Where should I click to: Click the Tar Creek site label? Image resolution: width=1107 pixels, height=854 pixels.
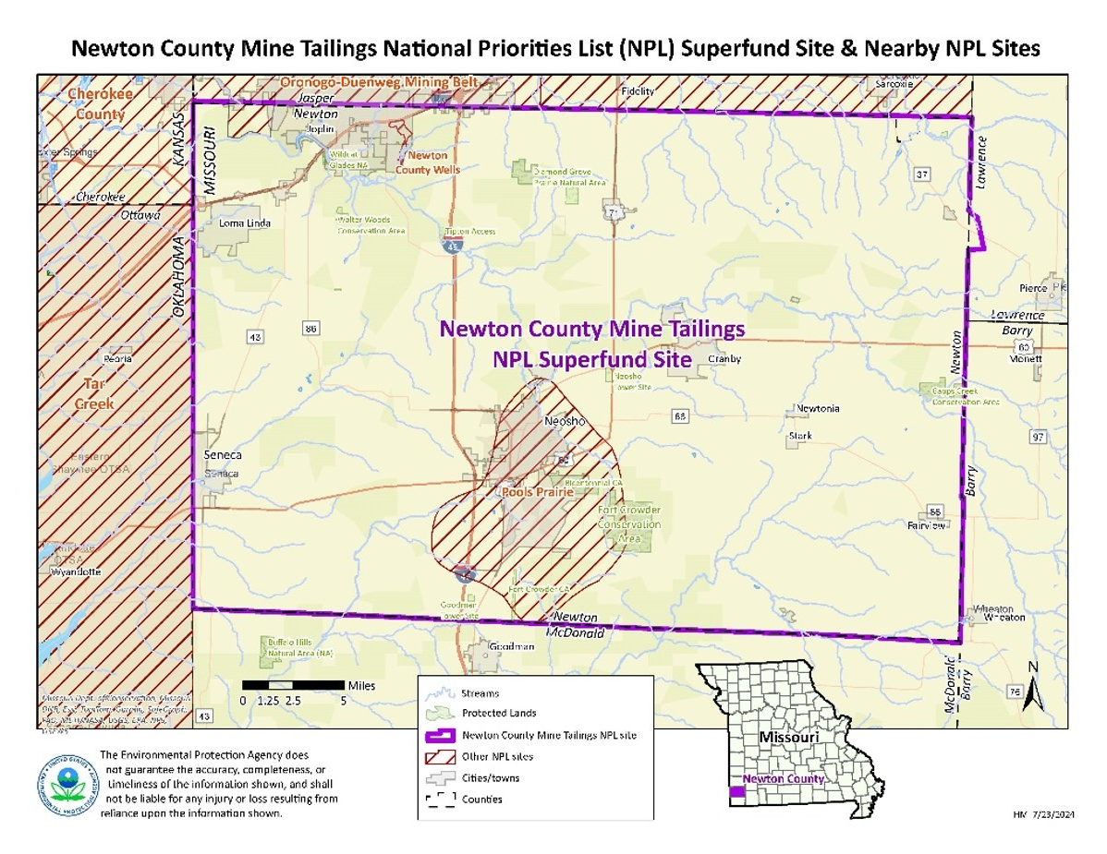(x=95, y=394)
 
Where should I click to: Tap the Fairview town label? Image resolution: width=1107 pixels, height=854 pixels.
(x=927, y=525)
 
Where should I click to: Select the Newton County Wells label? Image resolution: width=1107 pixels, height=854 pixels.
(x=428, y=162)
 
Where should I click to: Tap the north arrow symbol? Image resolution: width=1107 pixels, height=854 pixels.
(x=1034, y=688)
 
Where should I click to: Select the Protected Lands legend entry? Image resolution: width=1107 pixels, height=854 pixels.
(x=499, y=714)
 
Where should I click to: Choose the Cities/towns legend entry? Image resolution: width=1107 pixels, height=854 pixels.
(x=491, y=778)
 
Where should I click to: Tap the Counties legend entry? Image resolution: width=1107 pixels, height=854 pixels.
(x=482, y=800)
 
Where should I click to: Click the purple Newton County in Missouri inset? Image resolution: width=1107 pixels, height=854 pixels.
(x=736, y=792)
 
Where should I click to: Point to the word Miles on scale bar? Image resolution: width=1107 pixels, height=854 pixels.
(x=361, y=685)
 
